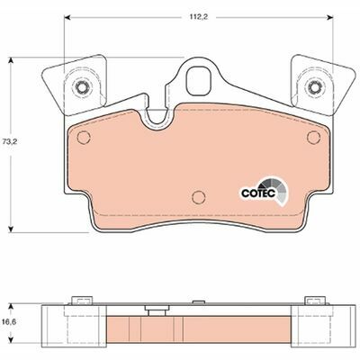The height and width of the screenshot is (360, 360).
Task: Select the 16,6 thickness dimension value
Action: tap(9, 319)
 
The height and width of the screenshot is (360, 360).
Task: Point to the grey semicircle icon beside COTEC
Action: tap(281, 191)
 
